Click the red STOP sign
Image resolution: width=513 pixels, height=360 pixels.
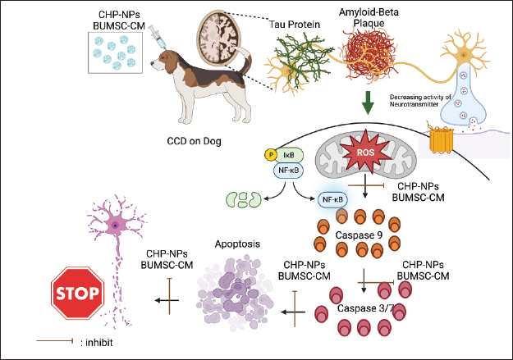(77, 293)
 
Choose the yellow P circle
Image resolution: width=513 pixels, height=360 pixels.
(269, 154)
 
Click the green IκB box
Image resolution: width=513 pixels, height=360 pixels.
(290, 154)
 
